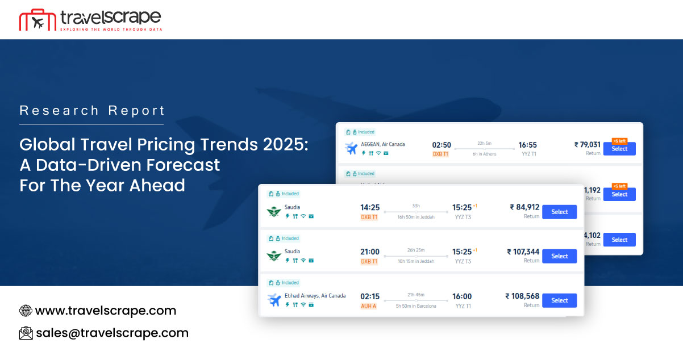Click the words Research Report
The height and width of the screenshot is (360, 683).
(x=92, y=110)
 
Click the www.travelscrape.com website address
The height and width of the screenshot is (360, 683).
(x=105, y=311)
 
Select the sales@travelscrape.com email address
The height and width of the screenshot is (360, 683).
(x=111, y=333)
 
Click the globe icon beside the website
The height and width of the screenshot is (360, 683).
(x=26, y=311)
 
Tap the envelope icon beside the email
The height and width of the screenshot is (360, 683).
(x=26, y=333)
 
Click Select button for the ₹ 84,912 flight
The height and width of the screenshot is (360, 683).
(x=559, y=212)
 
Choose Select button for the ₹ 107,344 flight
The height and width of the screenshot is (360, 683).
(x=559, y=256)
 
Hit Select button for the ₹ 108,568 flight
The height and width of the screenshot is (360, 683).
(x=559, y=300)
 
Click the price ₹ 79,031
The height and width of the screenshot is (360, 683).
(x=587, y=145)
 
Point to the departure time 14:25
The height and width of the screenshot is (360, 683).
(x=370, y=207)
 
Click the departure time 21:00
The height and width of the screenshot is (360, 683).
(x=370, y=252)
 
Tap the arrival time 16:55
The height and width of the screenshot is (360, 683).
(x=527, y=145)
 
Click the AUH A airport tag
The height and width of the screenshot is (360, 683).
(x=369, y=305)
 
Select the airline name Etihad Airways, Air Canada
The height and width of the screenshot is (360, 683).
(x=315, y=295)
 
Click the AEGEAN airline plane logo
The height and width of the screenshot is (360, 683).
(x=351, y=148)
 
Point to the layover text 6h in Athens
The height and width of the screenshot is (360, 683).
(x=484, y=154)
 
